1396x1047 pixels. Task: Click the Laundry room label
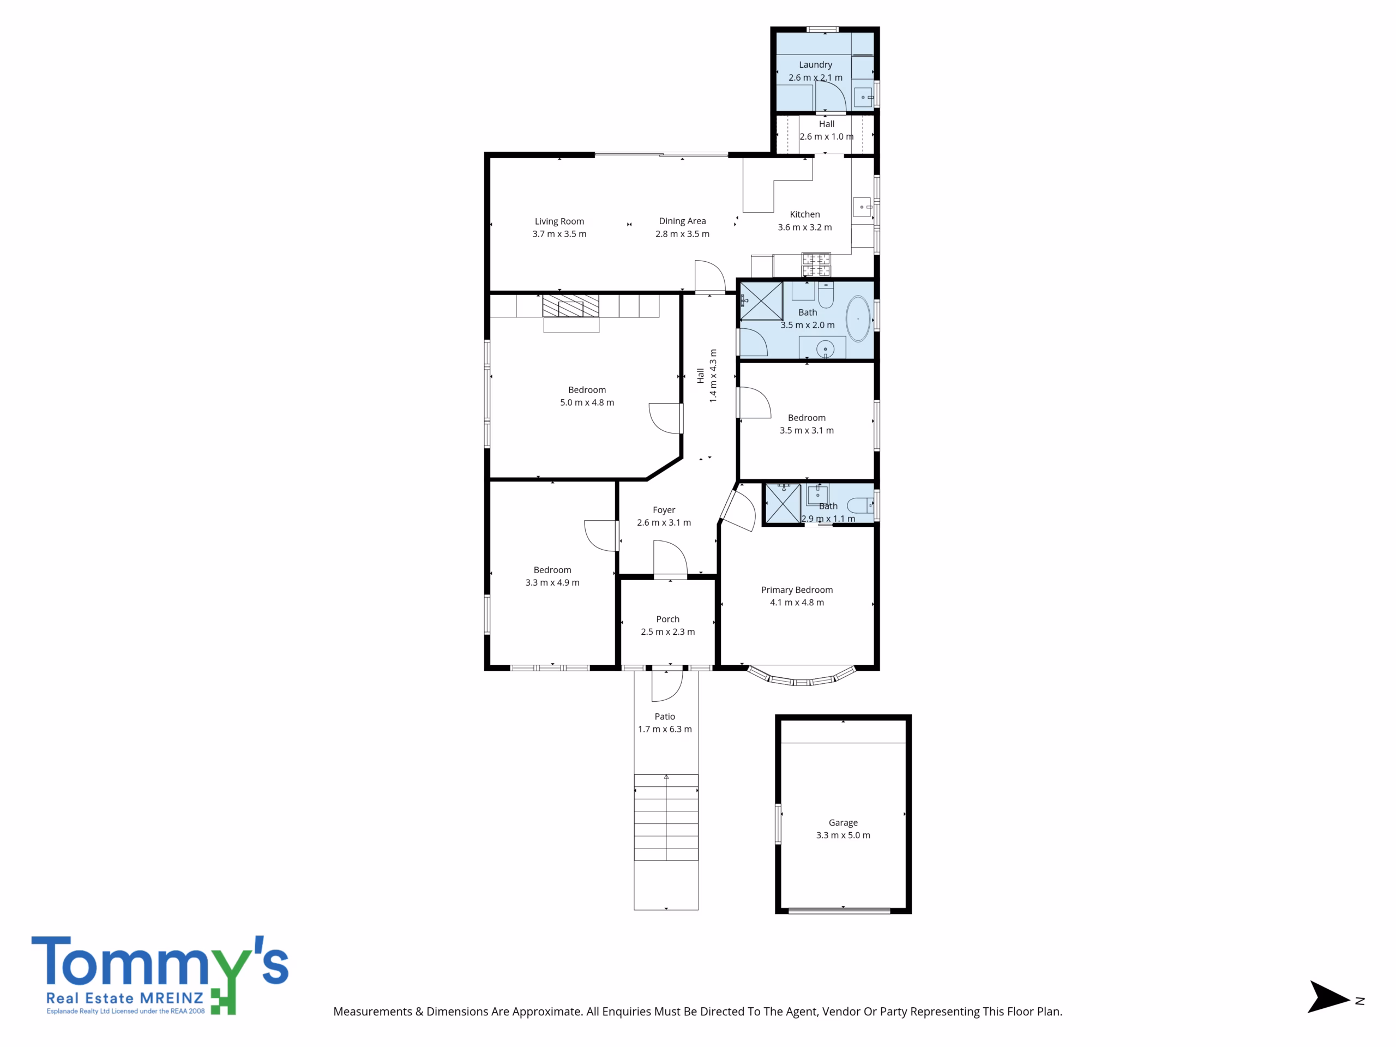point(815,64)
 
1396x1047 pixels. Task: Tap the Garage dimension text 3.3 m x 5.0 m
point(843,835)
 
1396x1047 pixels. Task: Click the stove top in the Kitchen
point(816,264)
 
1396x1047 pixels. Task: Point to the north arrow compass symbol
point(1329,997)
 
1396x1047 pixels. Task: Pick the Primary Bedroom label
point(797,590)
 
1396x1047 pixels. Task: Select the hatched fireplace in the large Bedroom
point(570,305)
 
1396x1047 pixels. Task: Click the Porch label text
point(667,619)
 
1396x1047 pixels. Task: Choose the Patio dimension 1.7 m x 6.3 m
point(665,729)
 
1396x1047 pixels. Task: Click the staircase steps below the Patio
point(666,817)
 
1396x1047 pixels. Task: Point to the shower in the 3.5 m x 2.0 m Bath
point(761,301)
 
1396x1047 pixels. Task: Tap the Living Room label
point(559,221)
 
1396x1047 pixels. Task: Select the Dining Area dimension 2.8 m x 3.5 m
point(682,234)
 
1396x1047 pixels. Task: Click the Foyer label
point(664,510)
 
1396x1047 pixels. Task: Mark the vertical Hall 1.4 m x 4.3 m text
point(707,376)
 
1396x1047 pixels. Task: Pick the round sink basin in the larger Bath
point(825,349)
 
